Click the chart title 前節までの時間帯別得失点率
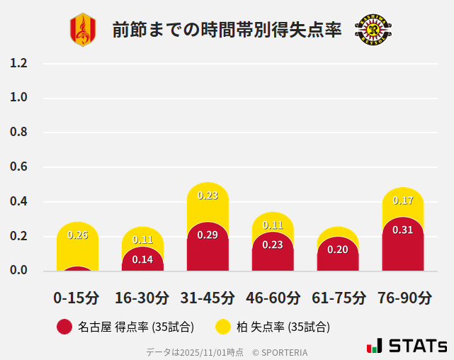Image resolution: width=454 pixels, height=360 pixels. coord(227,30)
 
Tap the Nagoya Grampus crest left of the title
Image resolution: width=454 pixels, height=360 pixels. coord(82,30)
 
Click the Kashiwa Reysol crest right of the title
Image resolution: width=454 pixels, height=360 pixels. coord(373,30)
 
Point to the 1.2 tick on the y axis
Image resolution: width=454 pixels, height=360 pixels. coord(18,63)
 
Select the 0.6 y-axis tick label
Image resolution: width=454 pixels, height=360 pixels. coord(18,167)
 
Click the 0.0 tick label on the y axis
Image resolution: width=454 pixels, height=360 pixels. coord(18,270)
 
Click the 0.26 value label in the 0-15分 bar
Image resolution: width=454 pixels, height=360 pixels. coord(77,235)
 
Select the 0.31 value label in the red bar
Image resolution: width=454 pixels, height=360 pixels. coord(402,230)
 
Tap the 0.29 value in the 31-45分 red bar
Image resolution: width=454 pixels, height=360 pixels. coord(208,235)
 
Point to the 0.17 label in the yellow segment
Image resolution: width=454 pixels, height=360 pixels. coord(402,201)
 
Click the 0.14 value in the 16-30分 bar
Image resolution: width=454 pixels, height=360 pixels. coord(142,259)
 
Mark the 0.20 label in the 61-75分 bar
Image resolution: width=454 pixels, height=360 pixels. coord(338,249)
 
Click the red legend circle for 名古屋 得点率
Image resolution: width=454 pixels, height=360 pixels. coord(64,327)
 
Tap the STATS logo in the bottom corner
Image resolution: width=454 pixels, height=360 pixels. coord(407,346)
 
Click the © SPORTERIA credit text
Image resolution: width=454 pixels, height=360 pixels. coord(280,352)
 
